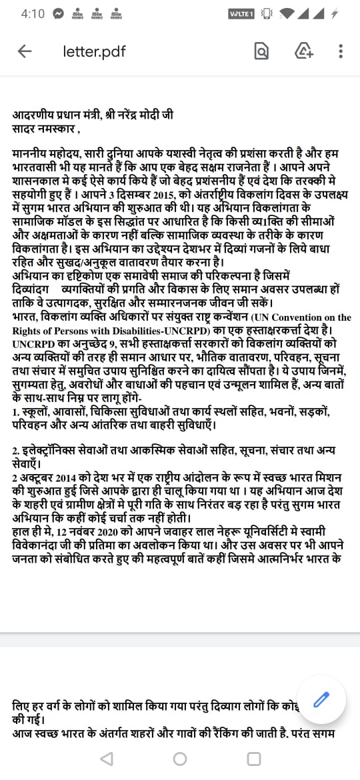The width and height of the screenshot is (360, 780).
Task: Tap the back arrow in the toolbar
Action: click(x=25, y=51)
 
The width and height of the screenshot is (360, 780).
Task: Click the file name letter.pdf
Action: click(x=94, y=51)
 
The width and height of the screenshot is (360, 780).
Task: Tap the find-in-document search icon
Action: click(x=262, y=51)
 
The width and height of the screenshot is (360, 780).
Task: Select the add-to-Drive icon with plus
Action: click(x=304, y=51)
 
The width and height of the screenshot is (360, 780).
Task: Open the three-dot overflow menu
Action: click(x=341, y=51)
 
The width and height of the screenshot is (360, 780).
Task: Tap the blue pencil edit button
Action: click(x=321, y=699)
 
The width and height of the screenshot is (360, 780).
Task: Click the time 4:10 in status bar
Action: click(x=33, y=14)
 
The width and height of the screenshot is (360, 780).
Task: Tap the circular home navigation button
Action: click(x=180, y=759)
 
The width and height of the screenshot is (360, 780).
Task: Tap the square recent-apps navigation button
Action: click(x=254, y=759)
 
